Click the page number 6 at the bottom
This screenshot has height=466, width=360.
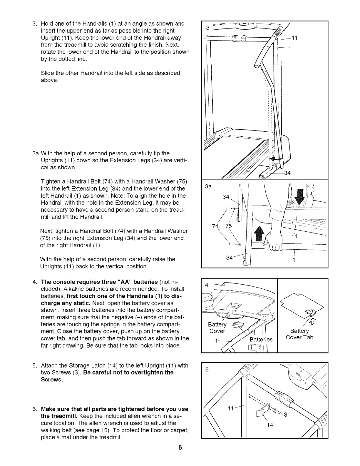pos(180,447)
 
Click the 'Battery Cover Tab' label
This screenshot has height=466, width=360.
pos(299,334)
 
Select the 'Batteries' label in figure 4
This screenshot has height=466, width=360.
pos(261,340)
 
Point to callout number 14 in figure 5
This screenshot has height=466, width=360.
pos(270,425)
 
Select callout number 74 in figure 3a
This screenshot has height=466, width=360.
pos(215,226)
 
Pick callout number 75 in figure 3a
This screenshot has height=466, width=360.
pos(228,226)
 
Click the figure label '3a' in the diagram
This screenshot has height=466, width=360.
pos(208,187)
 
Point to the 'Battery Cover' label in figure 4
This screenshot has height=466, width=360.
pos(217,328)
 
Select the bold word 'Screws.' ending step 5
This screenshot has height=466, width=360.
pos(52,380)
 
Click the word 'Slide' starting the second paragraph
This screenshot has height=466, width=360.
pos(47,73)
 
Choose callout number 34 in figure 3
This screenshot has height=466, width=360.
pos(287,173)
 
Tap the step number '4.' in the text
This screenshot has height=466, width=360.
pos(35,282)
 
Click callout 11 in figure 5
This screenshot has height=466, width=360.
pos(230,409)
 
